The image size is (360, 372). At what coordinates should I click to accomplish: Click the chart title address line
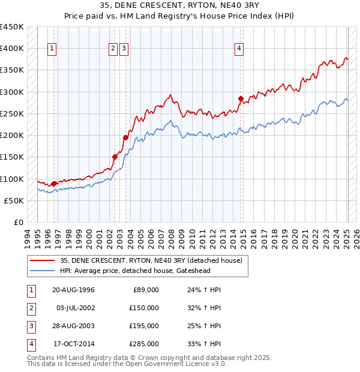(x=179, y=7)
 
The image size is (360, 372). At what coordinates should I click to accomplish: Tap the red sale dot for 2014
(x=241, y=98)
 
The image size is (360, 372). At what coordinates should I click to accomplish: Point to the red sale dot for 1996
(x=53, y=184)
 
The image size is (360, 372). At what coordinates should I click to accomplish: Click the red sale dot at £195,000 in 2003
(x=126, y=137)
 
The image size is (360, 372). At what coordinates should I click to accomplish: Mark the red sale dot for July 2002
(x=115, y=157)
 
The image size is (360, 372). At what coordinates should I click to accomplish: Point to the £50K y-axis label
(x=14, y=200)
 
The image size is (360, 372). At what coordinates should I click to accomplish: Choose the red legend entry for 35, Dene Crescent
(x=151, y=260)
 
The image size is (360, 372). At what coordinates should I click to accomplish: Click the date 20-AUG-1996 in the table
(x=73, y=290)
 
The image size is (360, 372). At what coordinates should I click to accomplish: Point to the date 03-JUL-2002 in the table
(x=74, y=308)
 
